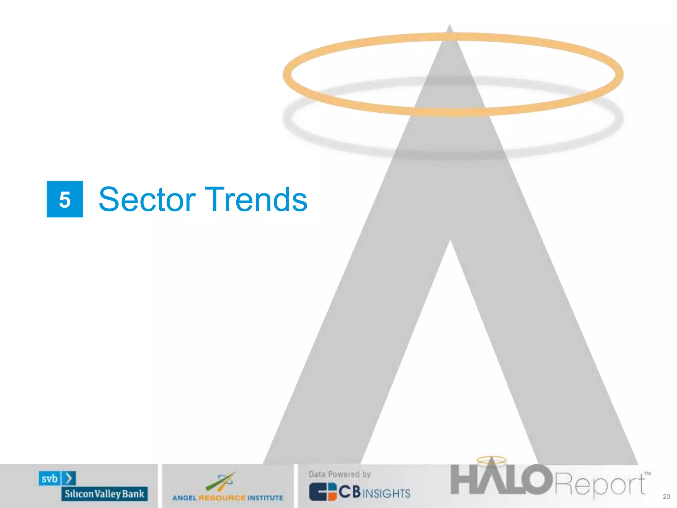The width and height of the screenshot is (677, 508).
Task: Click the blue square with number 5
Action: click(65, 199)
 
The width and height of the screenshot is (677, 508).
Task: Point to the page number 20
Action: click(666, 497)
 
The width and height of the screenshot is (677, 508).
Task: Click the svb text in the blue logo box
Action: click(50, 479)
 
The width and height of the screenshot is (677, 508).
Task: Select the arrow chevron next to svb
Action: click(69, 479)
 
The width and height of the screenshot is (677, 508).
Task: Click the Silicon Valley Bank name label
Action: click(104, 494)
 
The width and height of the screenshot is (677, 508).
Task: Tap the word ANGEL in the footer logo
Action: click(184, 498)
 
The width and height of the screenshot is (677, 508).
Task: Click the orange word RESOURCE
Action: click(222, 498)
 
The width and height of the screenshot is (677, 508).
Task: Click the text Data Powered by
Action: click(340, 474)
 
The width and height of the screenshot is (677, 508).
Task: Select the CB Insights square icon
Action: click(323, 492)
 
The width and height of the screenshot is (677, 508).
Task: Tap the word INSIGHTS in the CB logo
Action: click(386, 493)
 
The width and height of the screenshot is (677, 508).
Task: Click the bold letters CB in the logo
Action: click(349, 492)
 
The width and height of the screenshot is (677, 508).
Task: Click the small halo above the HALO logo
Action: click(492, 460)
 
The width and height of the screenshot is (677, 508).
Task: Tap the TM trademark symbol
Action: click(648, 473)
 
